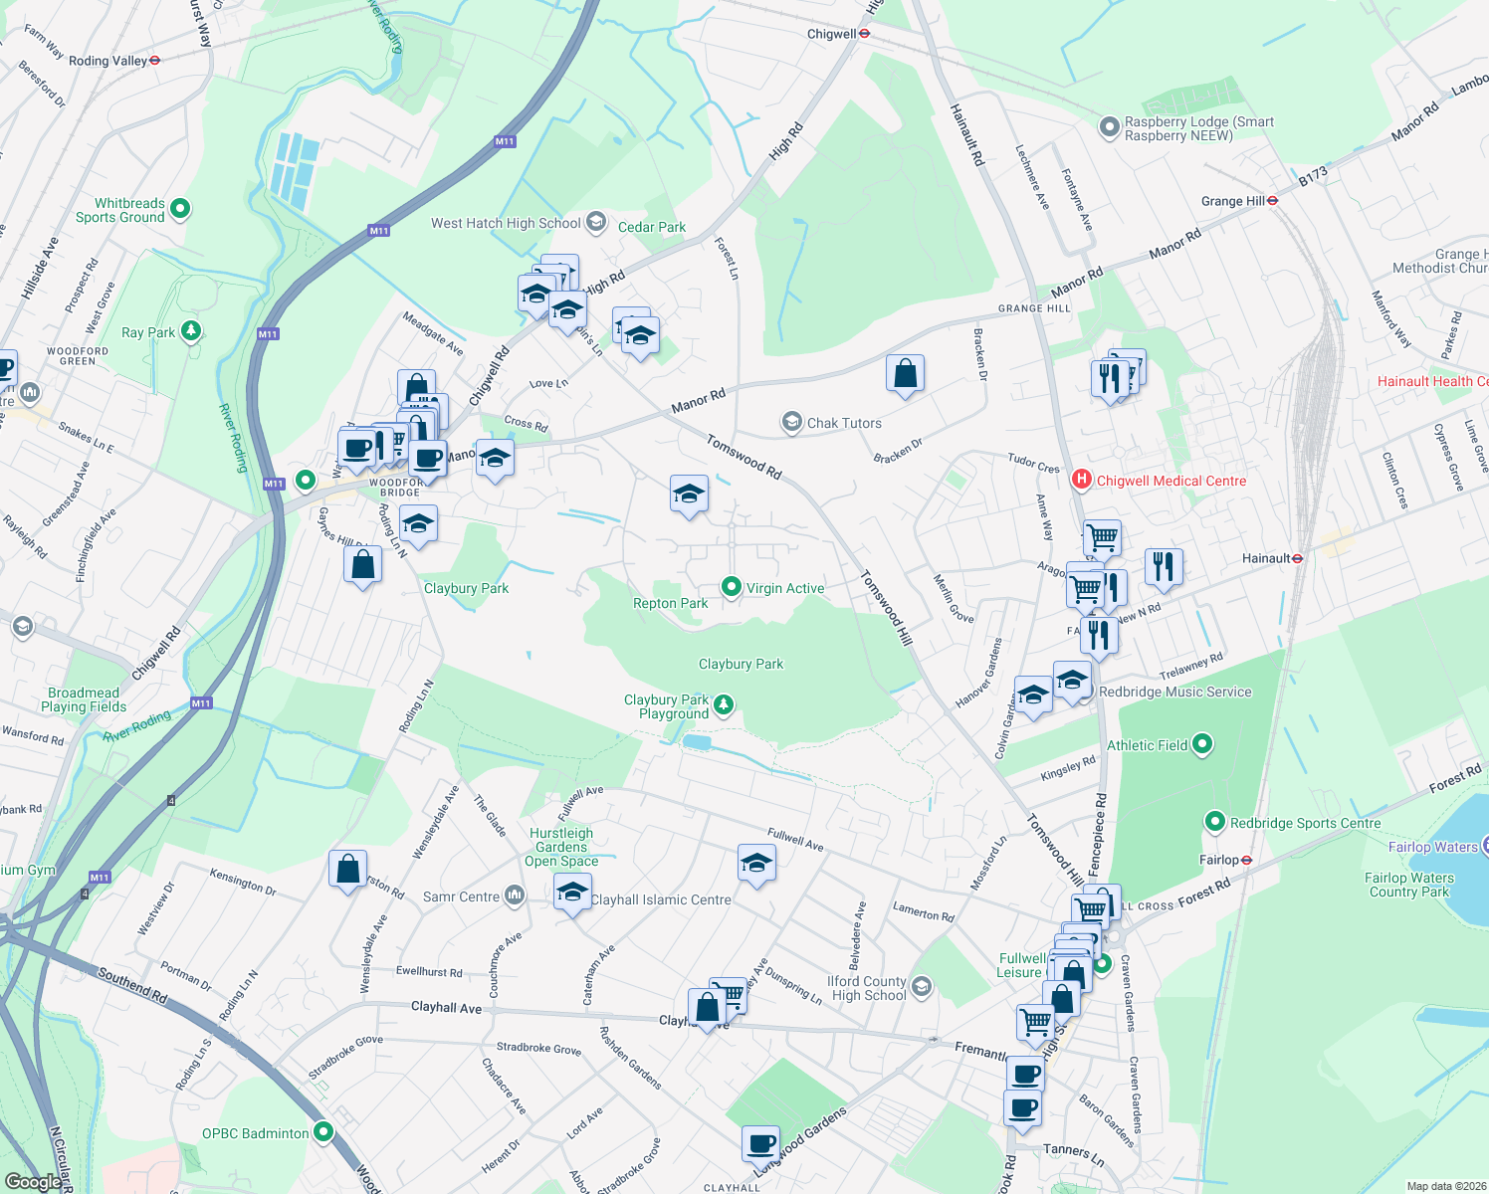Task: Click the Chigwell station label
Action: pyautogui.click(x=831, y=34)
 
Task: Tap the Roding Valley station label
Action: pyautogui.click(x=107, y=61)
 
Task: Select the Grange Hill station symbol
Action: pyautogui.click(x=1273, y=201)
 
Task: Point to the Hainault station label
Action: pyautogui.click(x=1266, y=558)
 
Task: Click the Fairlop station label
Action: pyautogui.click(x=1219, y=860)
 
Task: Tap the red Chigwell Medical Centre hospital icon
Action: pyautogui.click(x=1082, y=481)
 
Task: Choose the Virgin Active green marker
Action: pyautogui.click(x=732, y=588)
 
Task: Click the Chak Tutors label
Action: pyautogui.click(x=844, y=423)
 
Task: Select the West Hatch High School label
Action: pyautogui.click(x=506, y=223)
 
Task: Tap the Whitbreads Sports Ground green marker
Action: pyautogui.click(x=180, y=209)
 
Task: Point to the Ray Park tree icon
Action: pyautogui.click(x=191, y=331)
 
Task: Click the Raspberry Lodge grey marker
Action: pyautogui.click(x=1109, y=127)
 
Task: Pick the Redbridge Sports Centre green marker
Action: pyautogui.click(x=1214, y=823)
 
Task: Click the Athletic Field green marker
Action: pyautogui.click(x=1202, y=744)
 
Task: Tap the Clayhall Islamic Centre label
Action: pyautogui.click(x=661, y=899)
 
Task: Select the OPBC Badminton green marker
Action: pyautogui.click(x=323, y=1132)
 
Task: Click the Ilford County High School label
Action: pyautogui.click(x=869, y=988)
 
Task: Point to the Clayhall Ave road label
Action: pyautogui.click(x=446, y=1008)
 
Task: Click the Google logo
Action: pyautogui.click(x=33, y=1182)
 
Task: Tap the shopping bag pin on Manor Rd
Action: pyautogui.click(x=905, y=374)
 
